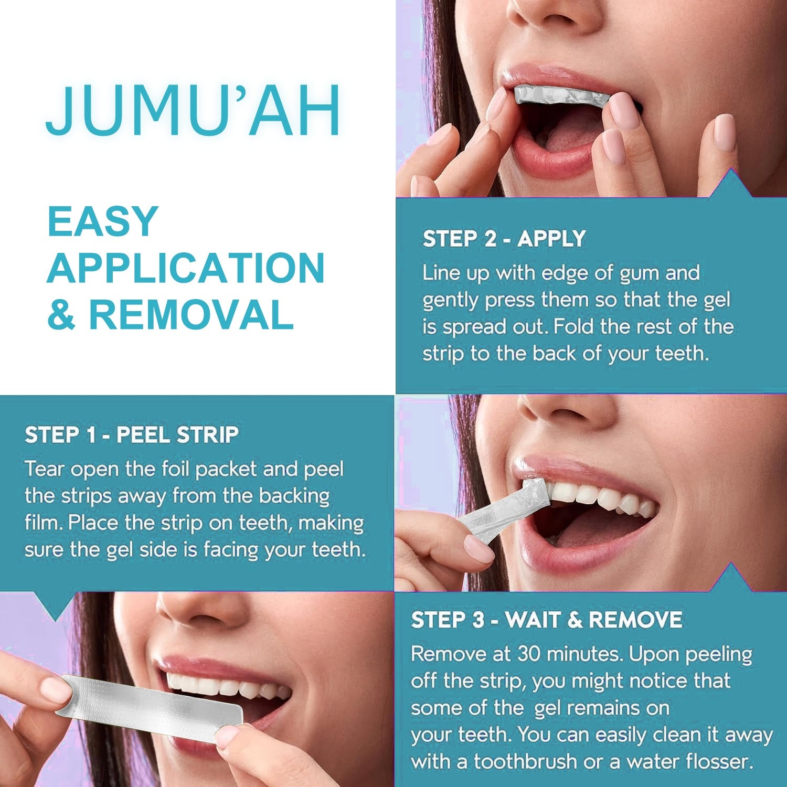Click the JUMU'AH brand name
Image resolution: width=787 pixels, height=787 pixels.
click(193, 111)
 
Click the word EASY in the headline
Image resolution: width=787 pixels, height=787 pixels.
click(103, 221)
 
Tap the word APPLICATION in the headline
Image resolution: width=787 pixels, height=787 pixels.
click(186, 268)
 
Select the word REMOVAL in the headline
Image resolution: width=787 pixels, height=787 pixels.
click(191, 315)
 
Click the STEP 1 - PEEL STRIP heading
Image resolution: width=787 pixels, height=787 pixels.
click(132, 435)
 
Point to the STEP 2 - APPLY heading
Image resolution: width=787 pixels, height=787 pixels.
click(504, 239)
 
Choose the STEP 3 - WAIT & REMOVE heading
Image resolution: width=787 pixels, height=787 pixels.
click(546, 620)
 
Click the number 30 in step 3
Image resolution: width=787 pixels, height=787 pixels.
click(528, 654)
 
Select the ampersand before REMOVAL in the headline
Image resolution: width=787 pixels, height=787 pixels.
click(61, 315)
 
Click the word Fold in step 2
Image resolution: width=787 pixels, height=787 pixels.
click(575, 327)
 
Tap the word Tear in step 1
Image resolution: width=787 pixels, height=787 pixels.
click(45, 469)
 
